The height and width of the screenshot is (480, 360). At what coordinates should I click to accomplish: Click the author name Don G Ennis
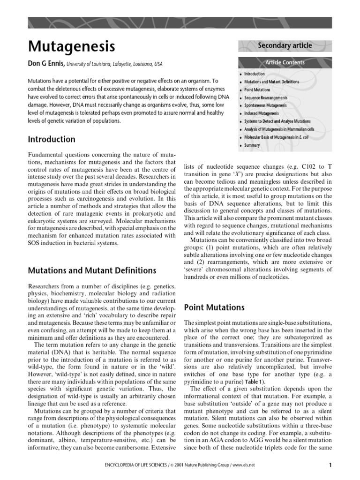46,63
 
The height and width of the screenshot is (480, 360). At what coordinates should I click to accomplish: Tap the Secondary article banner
285,45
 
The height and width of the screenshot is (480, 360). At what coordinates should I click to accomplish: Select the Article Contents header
285,62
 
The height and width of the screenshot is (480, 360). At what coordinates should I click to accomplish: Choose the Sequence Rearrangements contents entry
265,97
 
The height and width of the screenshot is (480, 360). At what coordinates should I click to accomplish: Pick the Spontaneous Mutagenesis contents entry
265,105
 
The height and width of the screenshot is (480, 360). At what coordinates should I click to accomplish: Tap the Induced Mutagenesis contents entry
261,113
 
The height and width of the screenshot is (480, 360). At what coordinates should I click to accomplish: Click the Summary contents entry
252,145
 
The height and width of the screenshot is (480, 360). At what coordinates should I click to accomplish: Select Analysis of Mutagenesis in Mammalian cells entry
279,129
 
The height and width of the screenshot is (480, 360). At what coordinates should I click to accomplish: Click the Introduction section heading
52,139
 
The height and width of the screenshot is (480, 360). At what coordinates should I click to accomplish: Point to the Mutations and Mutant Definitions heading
92,270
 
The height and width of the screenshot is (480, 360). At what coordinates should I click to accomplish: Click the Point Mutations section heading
214,307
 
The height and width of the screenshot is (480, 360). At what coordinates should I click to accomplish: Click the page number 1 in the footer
330,465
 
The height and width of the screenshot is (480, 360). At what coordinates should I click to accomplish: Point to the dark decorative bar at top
180,23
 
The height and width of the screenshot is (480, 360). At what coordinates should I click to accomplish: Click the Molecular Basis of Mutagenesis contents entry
277,137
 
